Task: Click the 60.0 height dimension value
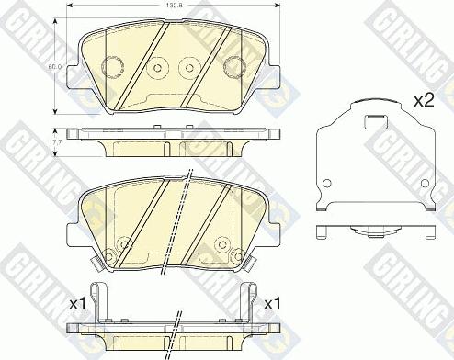[56, 66]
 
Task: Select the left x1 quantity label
[78, 302]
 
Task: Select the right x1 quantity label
[272, 302]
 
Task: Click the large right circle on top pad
[233, 67]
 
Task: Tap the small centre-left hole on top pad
[157, 67]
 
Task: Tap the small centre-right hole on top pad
[190, 67]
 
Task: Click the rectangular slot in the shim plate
[374, 118]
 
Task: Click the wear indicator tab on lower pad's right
[249, 263]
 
